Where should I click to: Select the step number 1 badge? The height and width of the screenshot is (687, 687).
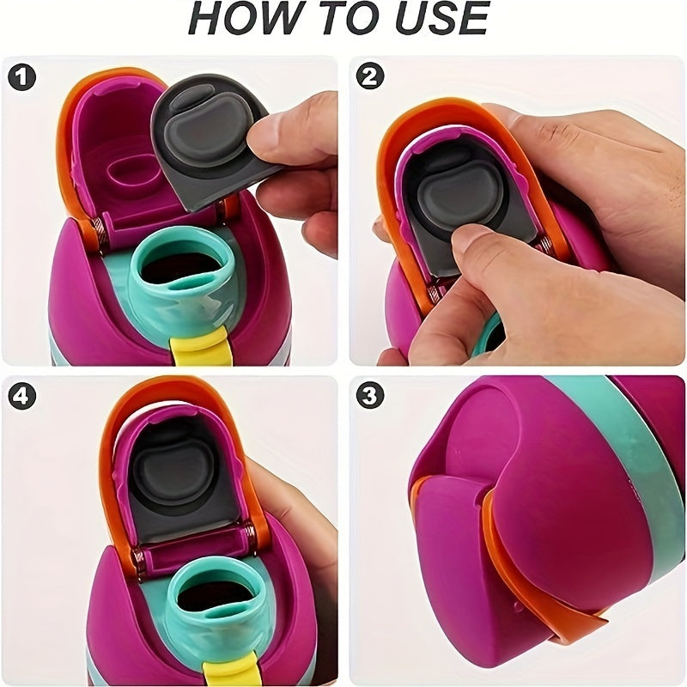click(22, 77)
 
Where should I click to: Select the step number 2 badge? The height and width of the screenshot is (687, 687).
click(370, 77)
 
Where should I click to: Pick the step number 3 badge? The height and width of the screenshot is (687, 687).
click(370, 396)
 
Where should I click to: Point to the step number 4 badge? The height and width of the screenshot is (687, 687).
click(22, 396)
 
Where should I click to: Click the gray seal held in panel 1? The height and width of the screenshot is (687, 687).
click(206, 140)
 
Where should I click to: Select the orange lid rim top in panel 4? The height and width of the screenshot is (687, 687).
click(175, 389)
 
